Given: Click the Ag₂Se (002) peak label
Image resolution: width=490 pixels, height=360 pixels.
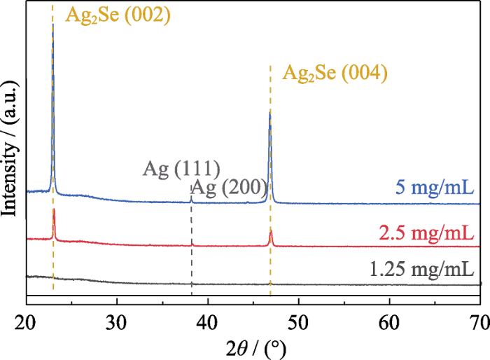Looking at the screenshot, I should tap(118, 14).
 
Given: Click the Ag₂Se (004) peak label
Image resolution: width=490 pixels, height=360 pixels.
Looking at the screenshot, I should tap(335, 73).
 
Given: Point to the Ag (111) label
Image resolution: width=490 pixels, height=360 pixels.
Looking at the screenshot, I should tap(183, 168).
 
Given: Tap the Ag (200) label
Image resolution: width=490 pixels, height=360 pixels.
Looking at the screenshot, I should tap(230, 187).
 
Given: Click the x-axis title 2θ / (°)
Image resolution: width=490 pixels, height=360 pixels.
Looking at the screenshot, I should tap(253, 347).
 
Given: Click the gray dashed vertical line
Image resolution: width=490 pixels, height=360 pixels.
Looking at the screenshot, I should tap(191, 245).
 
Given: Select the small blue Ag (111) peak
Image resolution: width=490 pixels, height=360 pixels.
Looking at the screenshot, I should tap(191, 198).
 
